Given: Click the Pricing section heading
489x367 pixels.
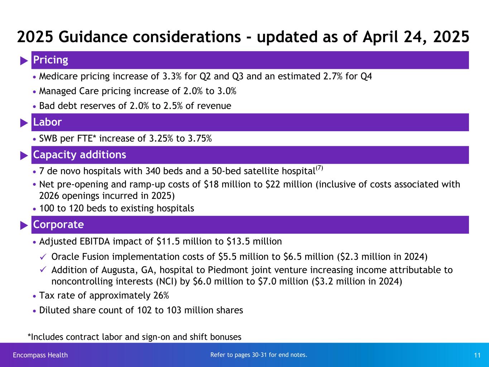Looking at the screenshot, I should [51, 60].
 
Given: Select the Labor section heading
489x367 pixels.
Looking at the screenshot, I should [47, 122].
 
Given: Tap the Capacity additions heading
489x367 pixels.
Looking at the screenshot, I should [80, 155].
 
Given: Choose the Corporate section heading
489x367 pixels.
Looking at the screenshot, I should [58, 225].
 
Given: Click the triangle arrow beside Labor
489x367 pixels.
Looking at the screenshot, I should [24, 123].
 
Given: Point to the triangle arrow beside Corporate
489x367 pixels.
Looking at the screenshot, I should [24, 225].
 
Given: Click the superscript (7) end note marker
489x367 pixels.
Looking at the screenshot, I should [320, 168].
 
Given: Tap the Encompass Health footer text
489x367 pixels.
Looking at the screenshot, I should [40, 355].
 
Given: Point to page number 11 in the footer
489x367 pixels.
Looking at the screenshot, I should [477, 356].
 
